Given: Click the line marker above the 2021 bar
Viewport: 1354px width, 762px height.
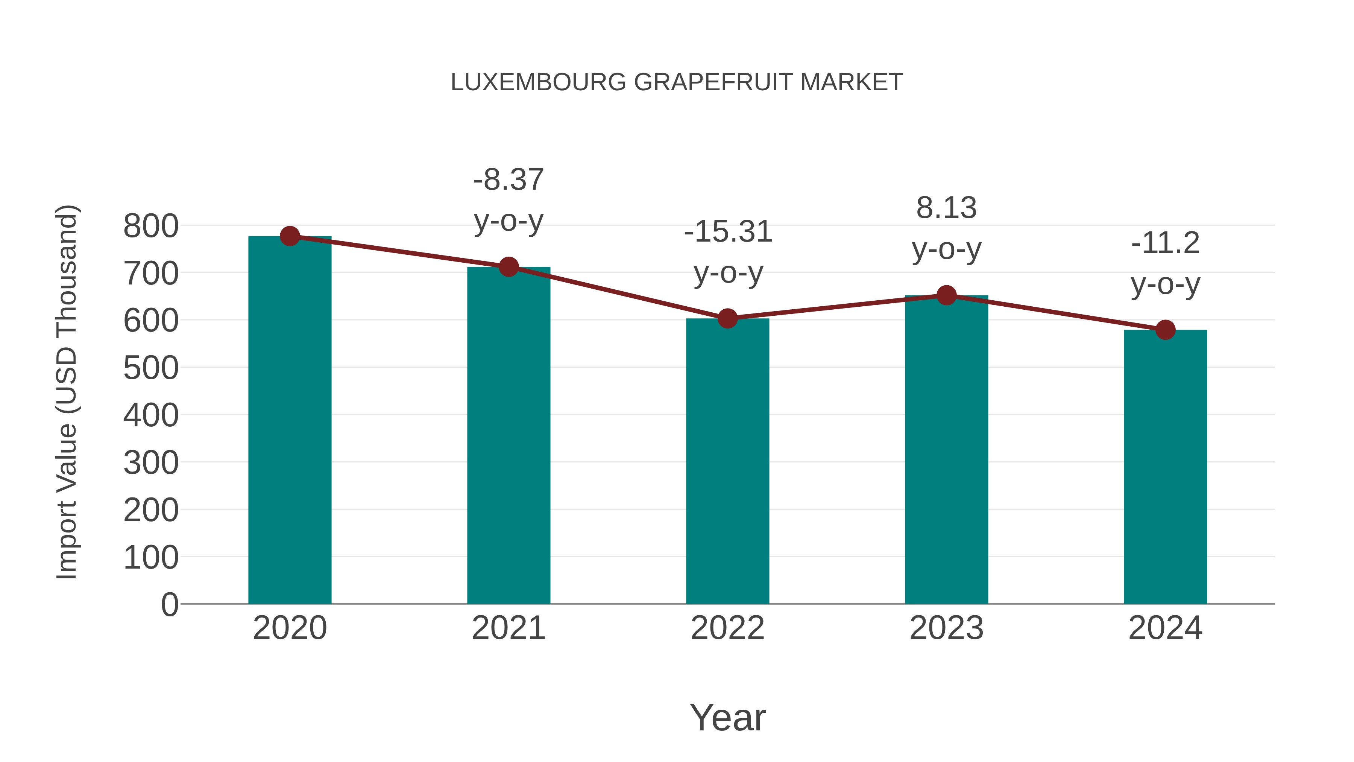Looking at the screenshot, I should [x=508, y=267].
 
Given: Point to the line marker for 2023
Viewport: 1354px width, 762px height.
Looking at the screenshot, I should [x=946, y=295].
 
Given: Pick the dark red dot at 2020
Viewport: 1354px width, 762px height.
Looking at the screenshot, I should [x=290, y=236].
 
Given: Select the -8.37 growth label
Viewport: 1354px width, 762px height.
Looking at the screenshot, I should [x=508, y=180].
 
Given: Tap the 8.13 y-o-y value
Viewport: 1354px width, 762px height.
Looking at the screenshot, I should [x=946, y=208].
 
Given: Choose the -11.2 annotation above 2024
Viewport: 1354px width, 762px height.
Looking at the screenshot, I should [x=1165, y=243].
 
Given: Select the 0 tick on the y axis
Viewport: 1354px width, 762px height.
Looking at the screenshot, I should [x=170, y=604].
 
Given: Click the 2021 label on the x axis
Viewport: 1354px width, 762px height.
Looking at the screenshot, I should [x=508, y=628].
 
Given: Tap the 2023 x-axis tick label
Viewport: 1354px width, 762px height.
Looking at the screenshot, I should [x=946, y=628].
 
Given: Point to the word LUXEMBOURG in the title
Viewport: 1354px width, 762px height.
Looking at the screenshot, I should [x=538, y=82].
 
